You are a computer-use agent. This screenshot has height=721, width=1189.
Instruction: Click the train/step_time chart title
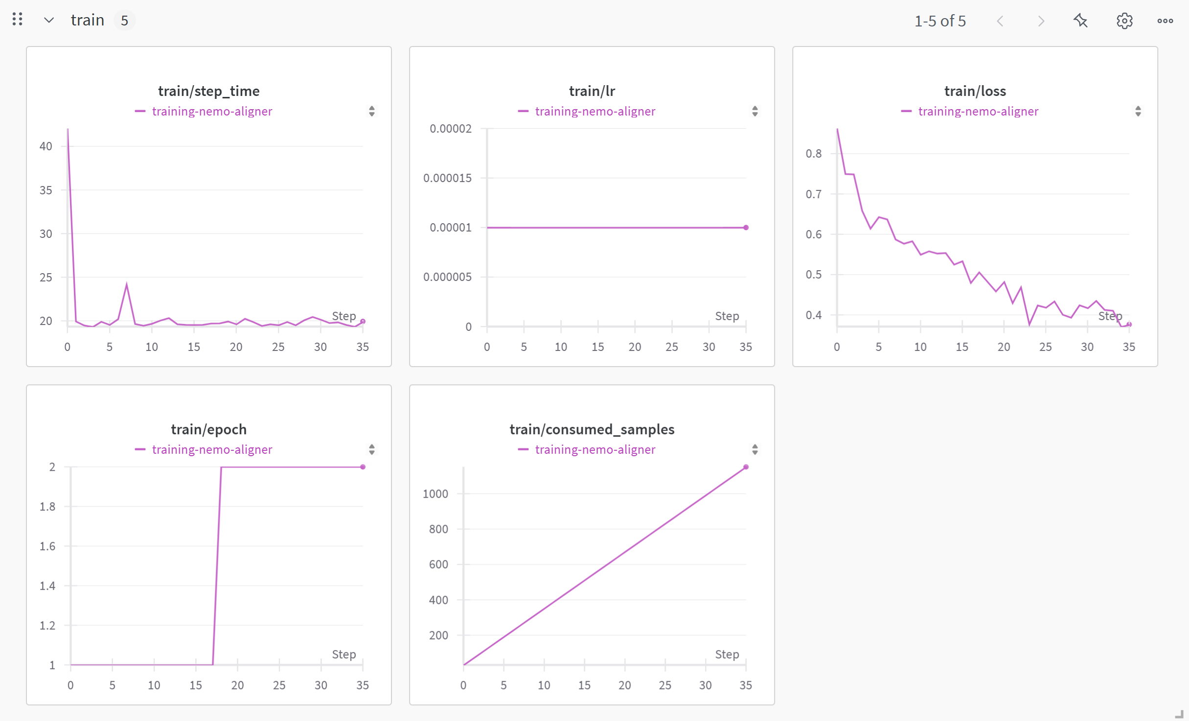(x=208, y=91)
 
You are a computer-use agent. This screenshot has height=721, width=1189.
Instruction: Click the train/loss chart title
(x=975, y=91)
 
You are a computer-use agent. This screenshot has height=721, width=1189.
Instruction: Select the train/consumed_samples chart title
(x=592, y=429)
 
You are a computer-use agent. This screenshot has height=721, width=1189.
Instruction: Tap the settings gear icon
(x=1124, y=21)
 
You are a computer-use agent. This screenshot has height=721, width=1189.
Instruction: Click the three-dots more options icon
(x=1165, y=21)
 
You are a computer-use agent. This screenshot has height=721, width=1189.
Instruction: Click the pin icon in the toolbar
(x=1080, y=21)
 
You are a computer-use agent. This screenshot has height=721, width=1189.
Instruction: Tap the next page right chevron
(x=1041, y=21)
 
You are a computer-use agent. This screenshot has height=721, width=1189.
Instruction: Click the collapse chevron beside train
(x=48, y=21)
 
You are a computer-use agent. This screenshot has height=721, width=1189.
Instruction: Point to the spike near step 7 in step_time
(x=127, y=285)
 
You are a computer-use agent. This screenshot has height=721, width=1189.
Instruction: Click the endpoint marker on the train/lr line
(x=746, y=228)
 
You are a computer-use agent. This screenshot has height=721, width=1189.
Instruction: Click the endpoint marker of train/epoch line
(x=363, y=467)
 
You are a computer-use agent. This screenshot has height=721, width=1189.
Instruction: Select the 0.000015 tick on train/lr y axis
(x=447, y=178)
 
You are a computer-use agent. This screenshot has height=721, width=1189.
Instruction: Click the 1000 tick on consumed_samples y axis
(x=435, y=494)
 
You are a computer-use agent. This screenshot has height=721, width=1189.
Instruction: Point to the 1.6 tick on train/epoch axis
(x=47, y=546)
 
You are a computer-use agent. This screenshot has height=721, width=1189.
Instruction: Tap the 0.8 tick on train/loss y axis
(x=813, y=154)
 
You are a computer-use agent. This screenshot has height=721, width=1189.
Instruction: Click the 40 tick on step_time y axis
(x=46, y=146)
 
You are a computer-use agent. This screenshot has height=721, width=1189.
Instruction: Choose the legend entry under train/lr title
(x=594, y=112)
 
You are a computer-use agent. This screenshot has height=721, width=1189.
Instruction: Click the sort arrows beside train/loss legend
(x=1138, y=112)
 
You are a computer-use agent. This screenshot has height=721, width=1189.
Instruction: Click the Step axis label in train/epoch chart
(x=343, y=654)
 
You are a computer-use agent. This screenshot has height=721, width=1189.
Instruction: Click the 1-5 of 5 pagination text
(x=939, y=21)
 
